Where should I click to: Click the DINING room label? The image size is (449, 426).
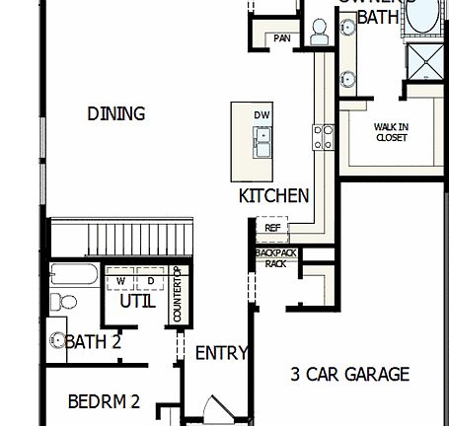(116, 114)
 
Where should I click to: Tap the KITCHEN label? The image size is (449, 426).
(273, 196)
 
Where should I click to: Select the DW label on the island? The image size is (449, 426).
(262, 115)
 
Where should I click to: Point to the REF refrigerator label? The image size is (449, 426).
(272, 228)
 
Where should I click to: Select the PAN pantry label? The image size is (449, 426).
(282, 38)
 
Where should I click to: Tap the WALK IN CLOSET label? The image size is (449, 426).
(392, 132)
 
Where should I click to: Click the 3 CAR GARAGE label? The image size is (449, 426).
(349, 375)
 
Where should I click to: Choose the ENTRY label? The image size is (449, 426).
(221, 353)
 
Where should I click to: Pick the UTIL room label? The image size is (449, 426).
(137, 302)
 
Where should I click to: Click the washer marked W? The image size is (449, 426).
(120, 280)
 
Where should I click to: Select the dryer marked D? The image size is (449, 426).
(152, 280)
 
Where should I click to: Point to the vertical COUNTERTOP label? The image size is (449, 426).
(178, 294)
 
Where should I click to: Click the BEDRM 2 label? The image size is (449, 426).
(104, 402)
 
